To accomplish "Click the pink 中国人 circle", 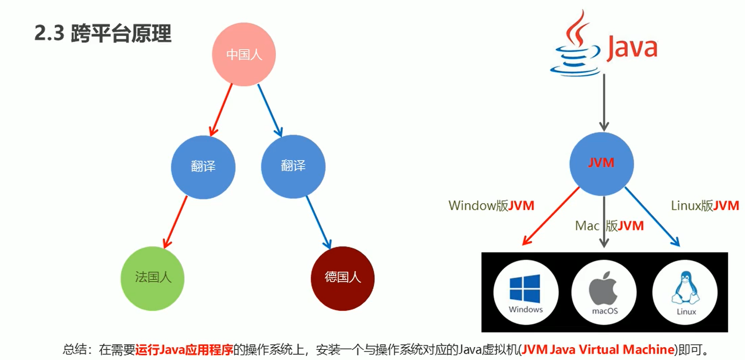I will click(244, 55).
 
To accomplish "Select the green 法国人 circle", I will click(152, 277).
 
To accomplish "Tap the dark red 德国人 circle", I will click(343, 277).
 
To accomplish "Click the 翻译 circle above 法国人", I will click(203, 167).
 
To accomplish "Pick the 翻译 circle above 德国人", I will click(293, 167).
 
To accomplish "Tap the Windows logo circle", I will click(525, 292).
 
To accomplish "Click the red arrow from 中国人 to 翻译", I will click(221, 109).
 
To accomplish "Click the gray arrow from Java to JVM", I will click(604, 103).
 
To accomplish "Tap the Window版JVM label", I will click(491, 206).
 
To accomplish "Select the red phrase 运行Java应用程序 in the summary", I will click(184, 349).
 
